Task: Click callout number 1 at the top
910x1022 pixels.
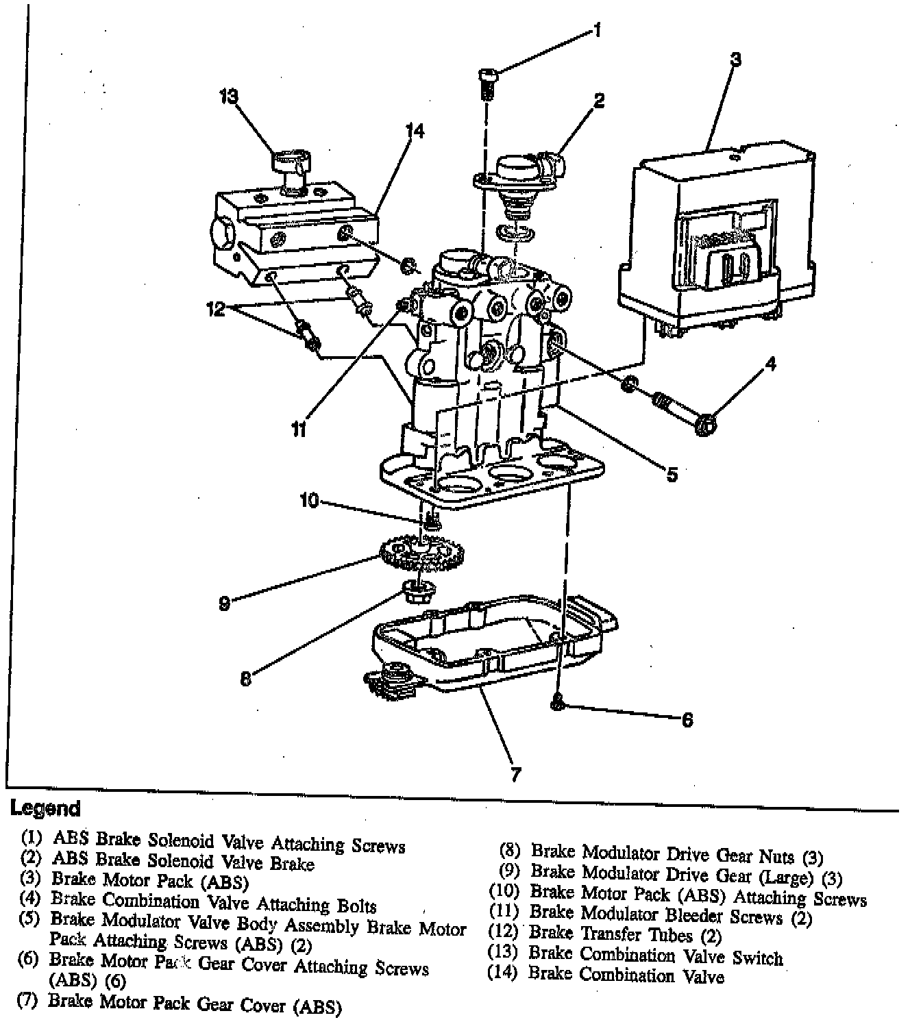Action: click(597, 31)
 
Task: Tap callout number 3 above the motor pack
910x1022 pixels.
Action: click(735, 60)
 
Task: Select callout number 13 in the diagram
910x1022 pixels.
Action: click(228, 97)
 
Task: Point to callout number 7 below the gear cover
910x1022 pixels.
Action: click(516, 775)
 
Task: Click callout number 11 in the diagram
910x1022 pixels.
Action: click(298, 429)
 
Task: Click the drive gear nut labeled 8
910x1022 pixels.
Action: click(413, 591)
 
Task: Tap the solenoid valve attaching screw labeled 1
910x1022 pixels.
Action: click(487, 82)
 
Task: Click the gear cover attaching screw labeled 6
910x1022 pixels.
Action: click(558, 701)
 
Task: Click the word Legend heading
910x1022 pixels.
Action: click(45, 808)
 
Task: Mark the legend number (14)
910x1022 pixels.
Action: click(502, 973)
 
